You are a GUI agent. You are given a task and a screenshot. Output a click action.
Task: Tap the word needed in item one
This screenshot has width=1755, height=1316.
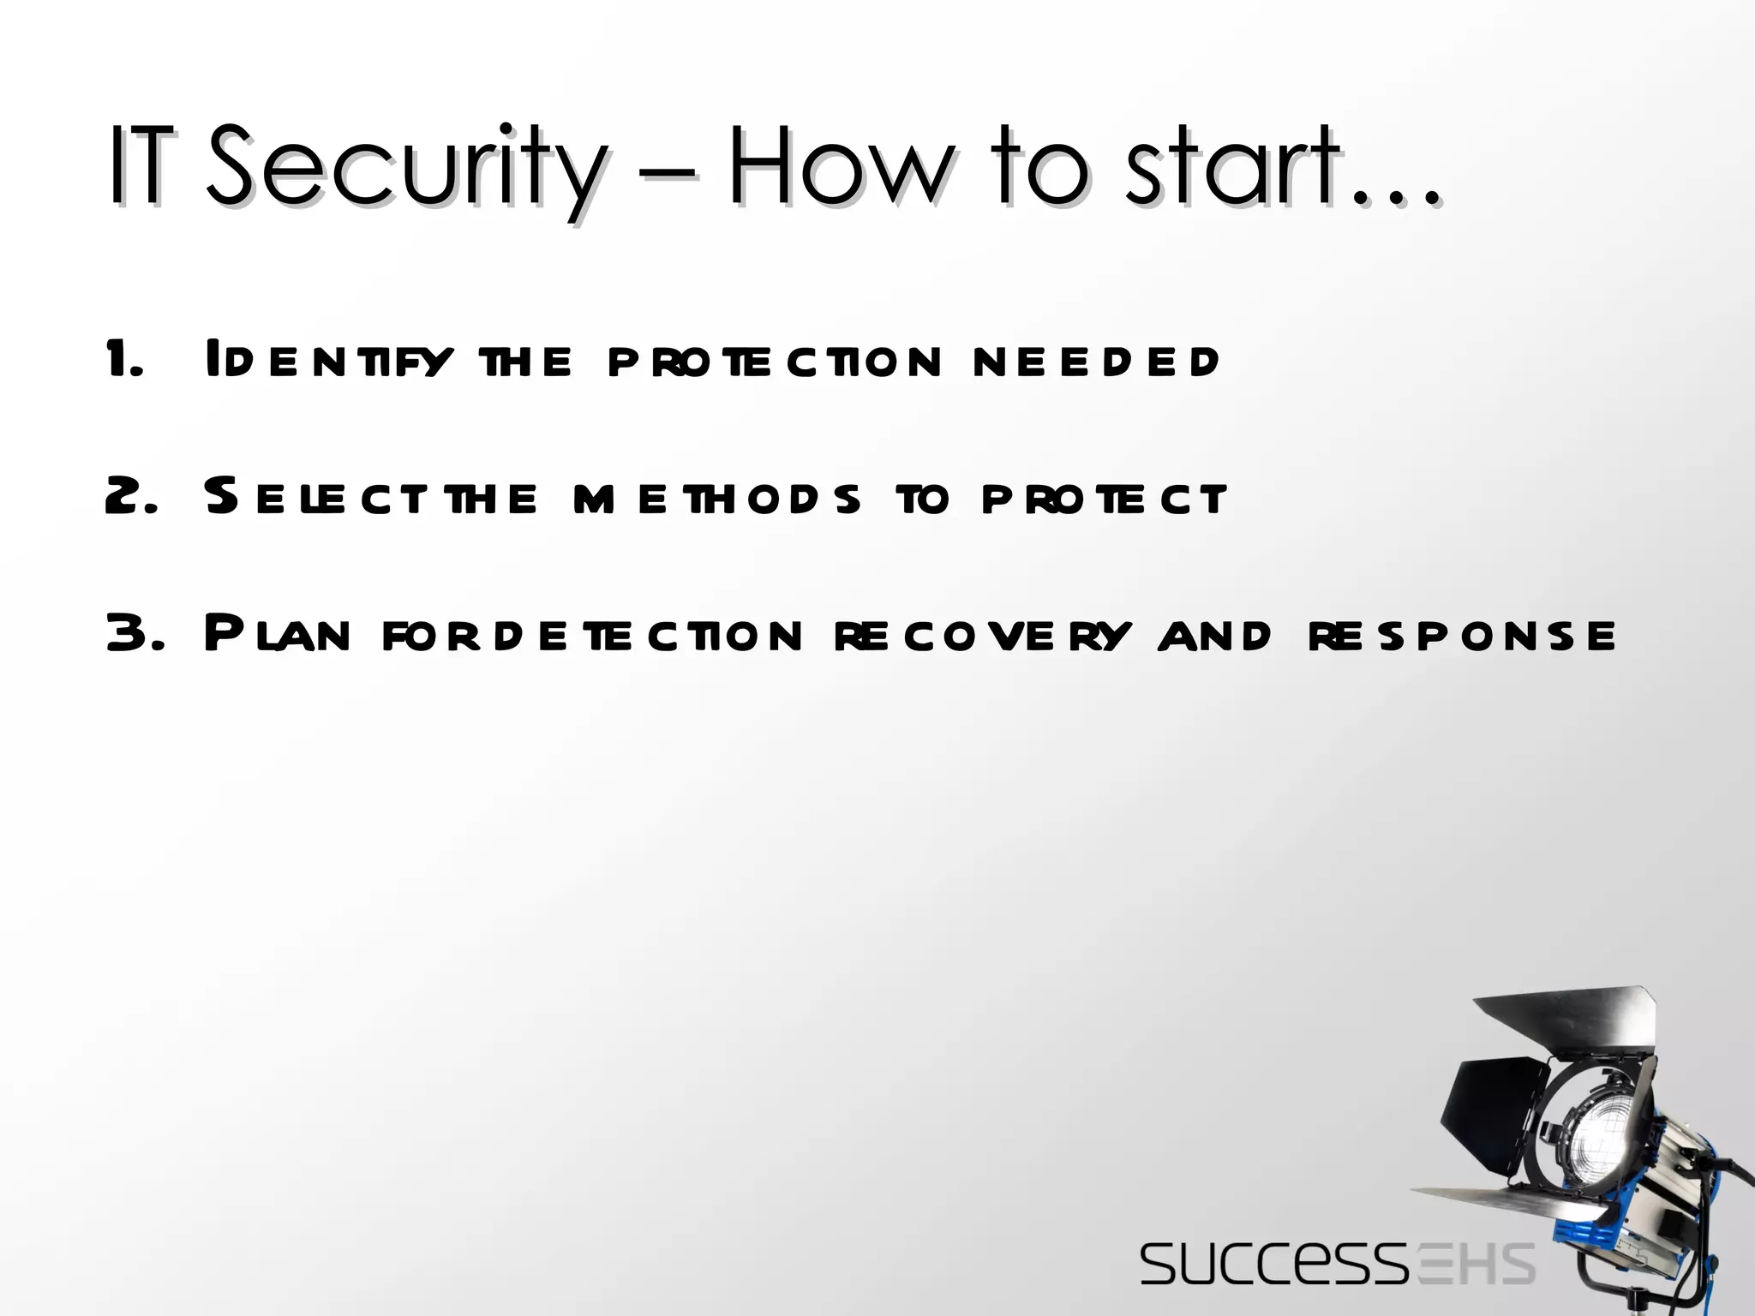click(x=1097, y=360)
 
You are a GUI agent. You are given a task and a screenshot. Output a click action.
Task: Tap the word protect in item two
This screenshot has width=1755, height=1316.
click(x=1105, y=497)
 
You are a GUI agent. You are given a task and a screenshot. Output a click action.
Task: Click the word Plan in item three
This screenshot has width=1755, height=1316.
click(x=279, y=634)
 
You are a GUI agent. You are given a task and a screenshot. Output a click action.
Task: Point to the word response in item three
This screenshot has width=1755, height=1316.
click(x=1462, y=636)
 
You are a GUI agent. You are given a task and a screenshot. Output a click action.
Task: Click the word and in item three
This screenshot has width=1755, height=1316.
click(x=1214, y=636)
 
